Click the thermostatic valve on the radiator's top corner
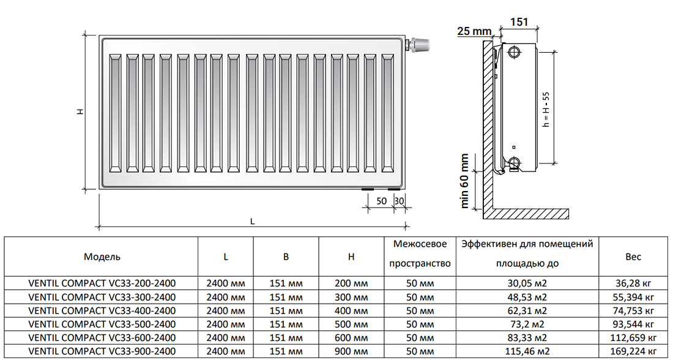(420, 44)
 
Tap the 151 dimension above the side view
(519, 22)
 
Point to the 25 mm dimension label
(475, 31)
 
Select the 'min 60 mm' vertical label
(465, 181)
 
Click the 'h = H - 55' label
(546, 108)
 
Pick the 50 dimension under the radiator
(381, 201)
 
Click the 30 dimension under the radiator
(400, 201)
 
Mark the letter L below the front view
(252, 222)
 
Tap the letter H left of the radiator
(80, 112)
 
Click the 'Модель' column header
(102, 257)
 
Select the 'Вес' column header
(633, 257)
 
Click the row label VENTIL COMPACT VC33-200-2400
(102, 283)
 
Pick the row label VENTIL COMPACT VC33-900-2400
(102, 351)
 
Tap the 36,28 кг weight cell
(633, 283)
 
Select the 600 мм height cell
(351, 338)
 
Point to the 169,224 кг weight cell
(633, 351)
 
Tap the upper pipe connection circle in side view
(513, 51)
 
